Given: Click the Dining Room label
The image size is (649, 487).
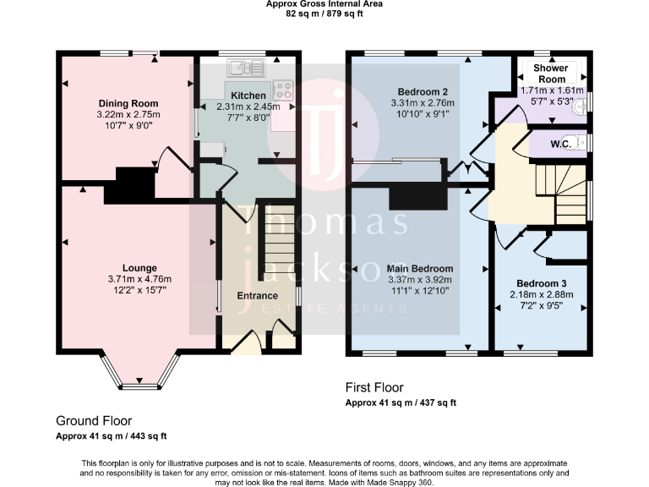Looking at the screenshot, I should (128, 104).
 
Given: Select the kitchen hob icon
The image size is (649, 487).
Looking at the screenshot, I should (282, 89).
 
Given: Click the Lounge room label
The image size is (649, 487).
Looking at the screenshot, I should (139, 268).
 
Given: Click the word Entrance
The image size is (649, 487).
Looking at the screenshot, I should (257, 296).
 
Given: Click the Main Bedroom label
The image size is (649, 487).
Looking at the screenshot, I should (420, 269).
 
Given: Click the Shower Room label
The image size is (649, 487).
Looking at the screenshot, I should (549, 74).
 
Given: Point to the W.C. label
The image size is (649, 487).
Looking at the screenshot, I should (560, 145).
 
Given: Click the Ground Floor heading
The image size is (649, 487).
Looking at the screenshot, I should (94, 420).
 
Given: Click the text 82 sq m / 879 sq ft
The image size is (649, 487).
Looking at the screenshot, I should (324, 14).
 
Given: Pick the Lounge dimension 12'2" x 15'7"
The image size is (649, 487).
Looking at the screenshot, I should (139, 290).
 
